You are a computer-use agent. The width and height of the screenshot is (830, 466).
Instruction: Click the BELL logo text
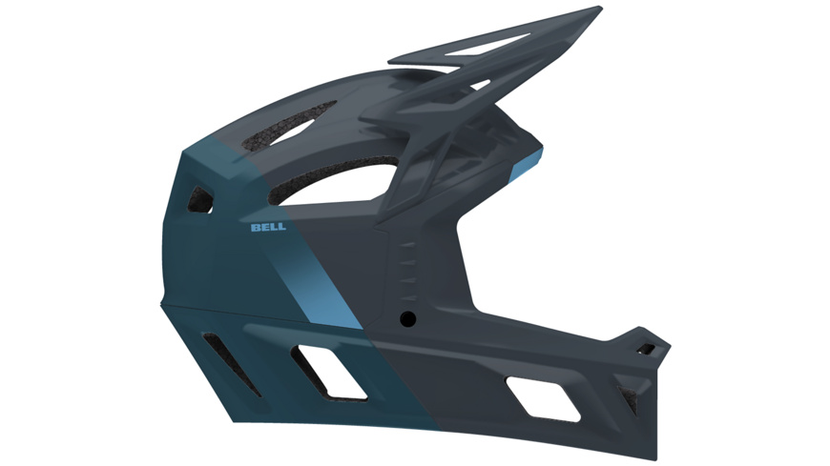click(268, 228)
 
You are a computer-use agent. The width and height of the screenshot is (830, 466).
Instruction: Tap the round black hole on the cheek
click(408, 315)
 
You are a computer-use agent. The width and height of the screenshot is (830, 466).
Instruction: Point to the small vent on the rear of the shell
click(200, 197)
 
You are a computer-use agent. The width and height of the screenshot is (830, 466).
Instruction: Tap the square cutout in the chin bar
click(543, 398)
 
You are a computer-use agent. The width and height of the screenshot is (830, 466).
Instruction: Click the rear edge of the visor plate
click(393, 71)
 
